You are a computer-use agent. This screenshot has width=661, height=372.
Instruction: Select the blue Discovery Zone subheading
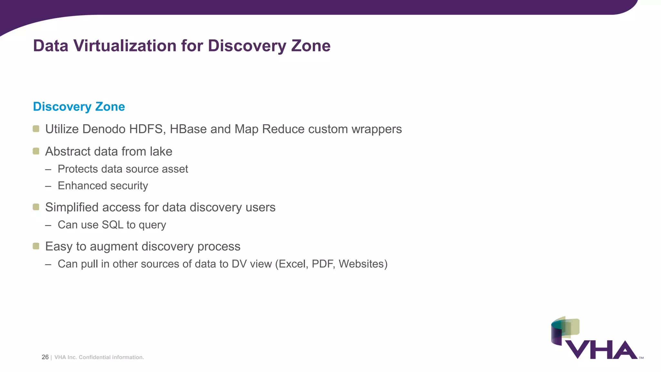tap(79, 107)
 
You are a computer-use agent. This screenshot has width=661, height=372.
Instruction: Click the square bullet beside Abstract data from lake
tap(36, 151)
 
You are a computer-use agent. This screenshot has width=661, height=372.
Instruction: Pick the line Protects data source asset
tap(123, 169)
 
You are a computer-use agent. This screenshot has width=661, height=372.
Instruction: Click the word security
tap(129, 186)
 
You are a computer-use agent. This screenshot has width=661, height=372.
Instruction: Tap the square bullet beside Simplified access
tap(36, 207)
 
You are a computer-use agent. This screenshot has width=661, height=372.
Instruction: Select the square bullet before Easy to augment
tap(36, 246)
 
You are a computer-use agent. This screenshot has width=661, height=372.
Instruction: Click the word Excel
tap(292, 264)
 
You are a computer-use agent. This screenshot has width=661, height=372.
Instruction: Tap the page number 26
tap(45, 357)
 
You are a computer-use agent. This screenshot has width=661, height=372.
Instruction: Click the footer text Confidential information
tap(111, 357)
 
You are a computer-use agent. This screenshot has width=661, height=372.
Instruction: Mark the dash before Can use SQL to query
tap(48, 225)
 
